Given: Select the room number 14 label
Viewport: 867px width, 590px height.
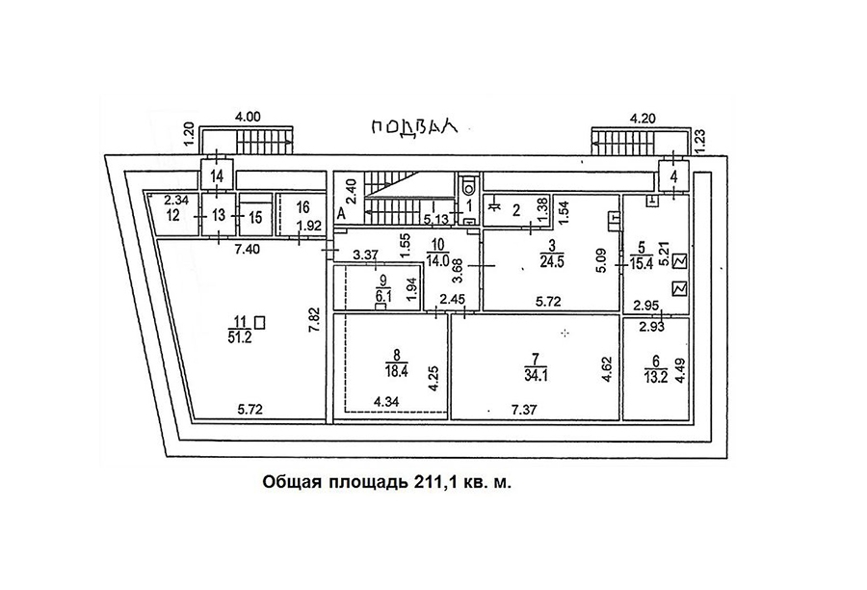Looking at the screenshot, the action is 218,177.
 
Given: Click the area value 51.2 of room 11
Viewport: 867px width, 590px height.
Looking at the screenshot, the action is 240,337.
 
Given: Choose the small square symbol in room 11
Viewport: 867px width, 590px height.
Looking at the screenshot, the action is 260,322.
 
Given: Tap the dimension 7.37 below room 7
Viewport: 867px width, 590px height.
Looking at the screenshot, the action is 525,410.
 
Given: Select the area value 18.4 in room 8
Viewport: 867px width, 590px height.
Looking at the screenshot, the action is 396,370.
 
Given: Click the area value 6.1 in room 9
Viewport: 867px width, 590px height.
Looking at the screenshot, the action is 383,296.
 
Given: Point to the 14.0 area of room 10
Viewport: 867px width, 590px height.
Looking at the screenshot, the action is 438,262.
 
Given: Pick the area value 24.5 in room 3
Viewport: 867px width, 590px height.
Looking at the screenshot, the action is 552,262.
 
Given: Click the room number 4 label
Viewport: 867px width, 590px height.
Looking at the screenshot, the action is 673,177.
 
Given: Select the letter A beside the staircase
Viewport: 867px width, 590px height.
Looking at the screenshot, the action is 341,214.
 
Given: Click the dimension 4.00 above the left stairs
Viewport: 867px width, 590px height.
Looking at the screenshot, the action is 248,117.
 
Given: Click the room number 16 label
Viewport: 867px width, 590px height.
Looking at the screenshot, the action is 302,207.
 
